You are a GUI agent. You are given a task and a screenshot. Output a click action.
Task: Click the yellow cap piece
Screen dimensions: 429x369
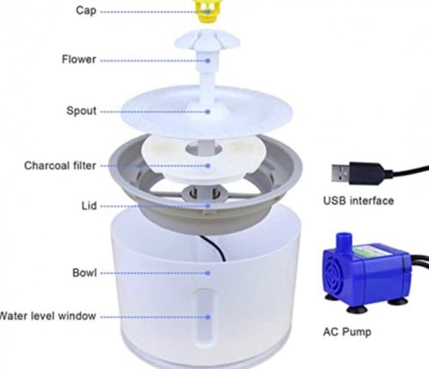(208, 10)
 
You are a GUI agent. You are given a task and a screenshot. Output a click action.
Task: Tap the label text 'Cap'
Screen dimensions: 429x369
(86, 10)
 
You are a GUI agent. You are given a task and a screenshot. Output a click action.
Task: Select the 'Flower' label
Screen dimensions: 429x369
(79, 59)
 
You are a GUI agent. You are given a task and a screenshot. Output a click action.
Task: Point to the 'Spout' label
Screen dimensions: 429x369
(82, 110)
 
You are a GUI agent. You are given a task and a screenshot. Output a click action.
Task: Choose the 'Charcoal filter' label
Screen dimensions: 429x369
(60, 165)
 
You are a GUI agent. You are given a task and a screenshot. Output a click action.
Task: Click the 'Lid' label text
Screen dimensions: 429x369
(89, 205)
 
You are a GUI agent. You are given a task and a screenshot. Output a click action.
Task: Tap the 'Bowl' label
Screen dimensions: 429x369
(84, 273)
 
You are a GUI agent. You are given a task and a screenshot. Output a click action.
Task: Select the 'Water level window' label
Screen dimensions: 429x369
(47, 316)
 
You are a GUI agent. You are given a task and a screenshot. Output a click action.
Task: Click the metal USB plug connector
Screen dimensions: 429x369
(341, 173)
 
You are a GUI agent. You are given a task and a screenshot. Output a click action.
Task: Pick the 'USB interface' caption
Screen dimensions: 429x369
(359, 200)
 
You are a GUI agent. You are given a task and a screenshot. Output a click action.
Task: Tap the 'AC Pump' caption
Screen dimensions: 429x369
(347, 332)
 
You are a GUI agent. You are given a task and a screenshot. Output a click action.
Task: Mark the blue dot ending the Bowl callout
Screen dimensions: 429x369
(208, 273)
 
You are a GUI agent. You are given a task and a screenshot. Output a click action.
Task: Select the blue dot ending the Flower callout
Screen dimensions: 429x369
(208, 61)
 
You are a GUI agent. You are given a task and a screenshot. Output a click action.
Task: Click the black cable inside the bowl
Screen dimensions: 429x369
(215, 247)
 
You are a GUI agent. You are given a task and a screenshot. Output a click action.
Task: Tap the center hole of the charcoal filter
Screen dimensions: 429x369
(203, 149)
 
